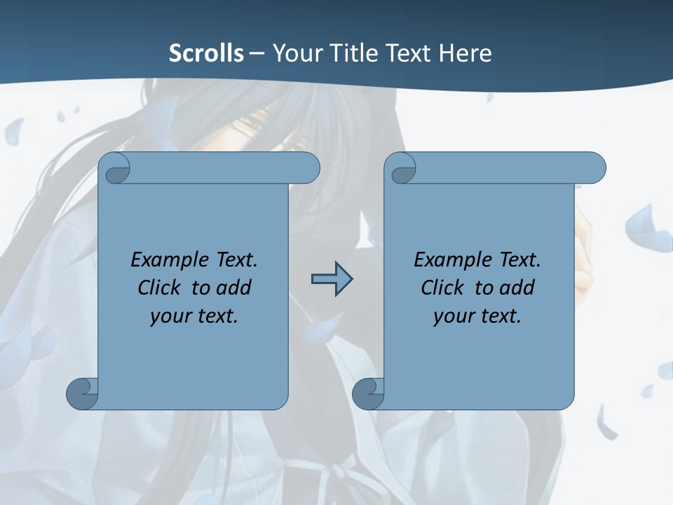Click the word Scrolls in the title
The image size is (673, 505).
(x=206, y=53)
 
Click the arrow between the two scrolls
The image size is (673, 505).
(x=332, y=279)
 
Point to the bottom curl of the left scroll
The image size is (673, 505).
(x=81, y=393)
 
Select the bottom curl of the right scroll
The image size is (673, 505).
(x=367, y=393)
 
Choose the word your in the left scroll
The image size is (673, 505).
(x=169, y=316)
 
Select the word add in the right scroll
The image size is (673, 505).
(x=517, y=288)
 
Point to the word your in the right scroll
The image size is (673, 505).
(x=452, y=316)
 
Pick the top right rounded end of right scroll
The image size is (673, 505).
(x=593, y=168)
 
